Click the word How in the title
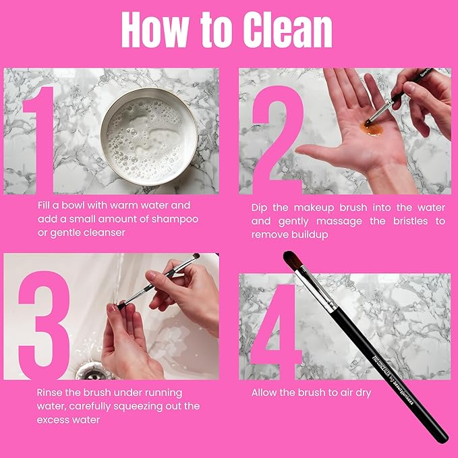pos(154,30)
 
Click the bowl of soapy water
pos(149,135)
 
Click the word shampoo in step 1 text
pos(176,219)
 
